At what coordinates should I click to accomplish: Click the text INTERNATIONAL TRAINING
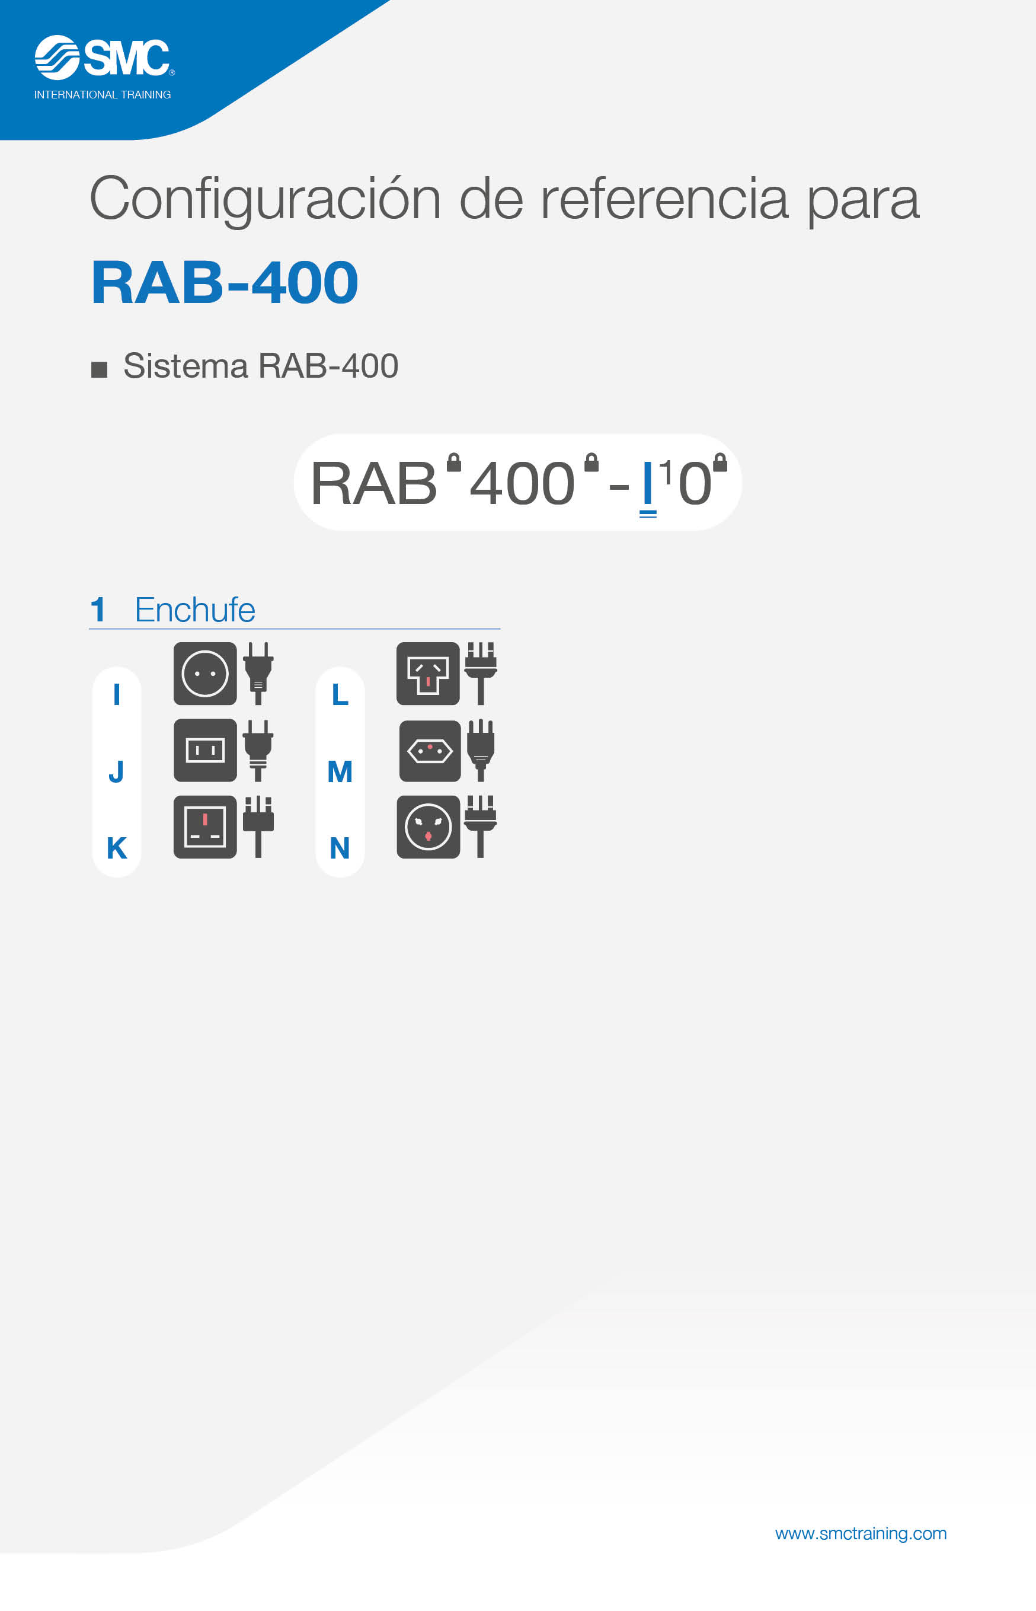click(x=103, y=95)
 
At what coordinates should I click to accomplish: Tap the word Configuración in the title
click(x=266, y=200)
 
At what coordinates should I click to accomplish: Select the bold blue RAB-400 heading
click(x=225, y=282)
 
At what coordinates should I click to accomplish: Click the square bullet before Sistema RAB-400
click(x=99, y=369)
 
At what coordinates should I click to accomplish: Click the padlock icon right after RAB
click(x=454, y=462)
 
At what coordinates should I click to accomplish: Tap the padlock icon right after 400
click(x=591, y=462)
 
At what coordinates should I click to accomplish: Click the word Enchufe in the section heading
click(x=195, y=610)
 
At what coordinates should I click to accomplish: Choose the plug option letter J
click(x=116, y=771)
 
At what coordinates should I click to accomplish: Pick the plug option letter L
click(x=340, y=694)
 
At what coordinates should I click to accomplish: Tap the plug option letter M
click(x=340, y=771)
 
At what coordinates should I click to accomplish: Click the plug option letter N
click(x=340, y=848)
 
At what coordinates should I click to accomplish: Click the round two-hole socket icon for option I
click(x=205, y=674)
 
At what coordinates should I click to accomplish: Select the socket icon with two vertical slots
click(x=205, y=750)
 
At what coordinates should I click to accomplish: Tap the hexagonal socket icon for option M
click(x=430, y=751)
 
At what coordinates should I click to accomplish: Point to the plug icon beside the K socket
click(x=258, y=827)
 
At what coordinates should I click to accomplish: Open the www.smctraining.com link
click(x=861, y=1533)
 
